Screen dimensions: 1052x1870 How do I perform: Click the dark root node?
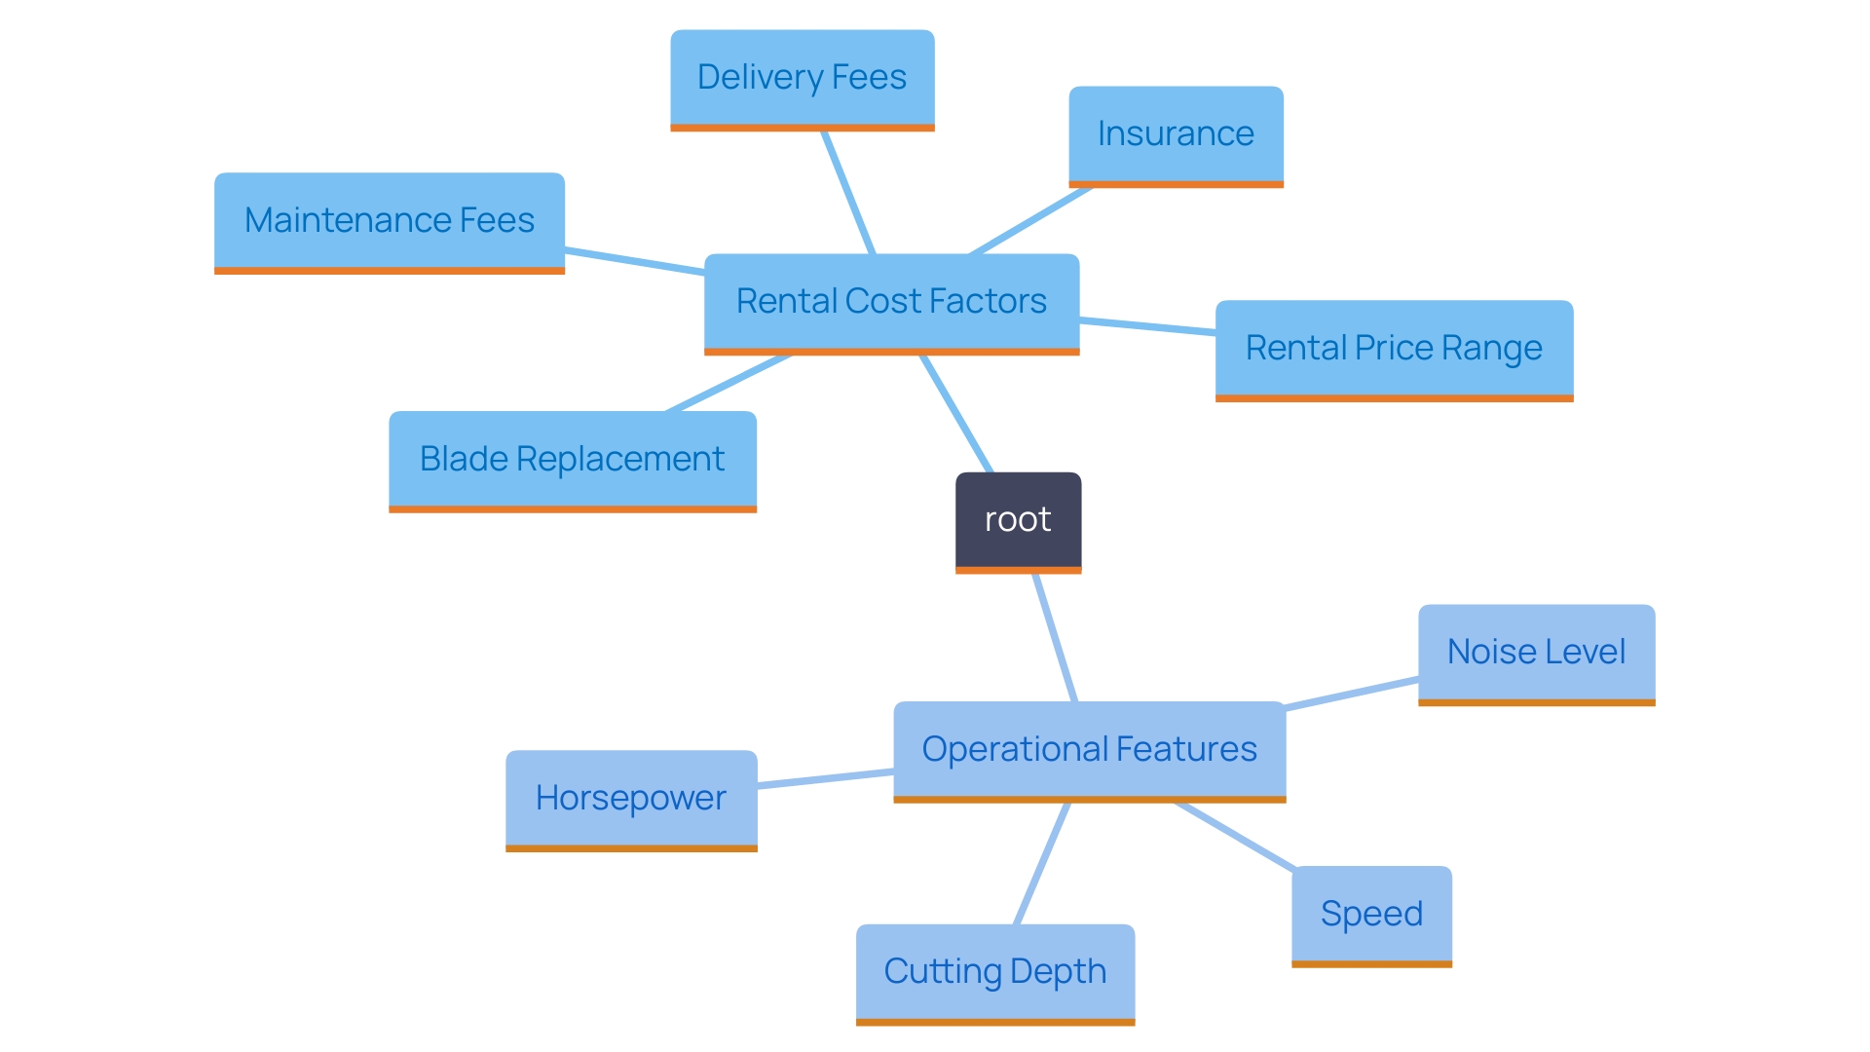pyautogui.click(x=1018, y=521)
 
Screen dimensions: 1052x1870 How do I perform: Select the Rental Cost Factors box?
pyautogui.click(x=891, y=302)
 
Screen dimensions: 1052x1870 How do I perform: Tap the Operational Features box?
pyautogui.click(x=1089, y=750)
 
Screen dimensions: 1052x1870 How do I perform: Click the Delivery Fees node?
pyautogui.click(x=802, y=78)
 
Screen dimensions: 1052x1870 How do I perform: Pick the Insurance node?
pyautogui.click(x=1176, y=134)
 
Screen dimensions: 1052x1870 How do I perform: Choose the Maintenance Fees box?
pyautogui.click(x=389, y=221)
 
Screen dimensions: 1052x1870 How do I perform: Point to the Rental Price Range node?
pyautogui.click(x=1394, y=349)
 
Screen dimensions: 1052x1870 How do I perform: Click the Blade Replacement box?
pyautogui.click(x=572, y=460)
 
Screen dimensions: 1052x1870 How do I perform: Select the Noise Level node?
pyautogui.click(x=1536, y=653)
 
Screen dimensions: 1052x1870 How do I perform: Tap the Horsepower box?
pyautogui.click(x=631, y=799)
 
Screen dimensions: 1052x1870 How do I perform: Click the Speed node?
pyautogui.click(x=1371, y=915)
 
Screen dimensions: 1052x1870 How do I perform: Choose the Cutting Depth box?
pyautogui.click(x=994, y=972)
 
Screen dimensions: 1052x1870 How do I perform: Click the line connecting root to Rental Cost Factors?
pyautogui.click(x=956, y=414)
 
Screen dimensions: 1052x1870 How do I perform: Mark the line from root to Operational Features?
pyautogui.click(x=1055, y=638)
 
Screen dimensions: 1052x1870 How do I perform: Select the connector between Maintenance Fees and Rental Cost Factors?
pyautogui.click(x=634, y=261)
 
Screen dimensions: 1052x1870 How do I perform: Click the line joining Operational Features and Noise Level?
pyautogui.click(x=1352, y=694)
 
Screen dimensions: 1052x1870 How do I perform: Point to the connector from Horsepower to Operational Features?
pyautogui.click(x=825, y=778)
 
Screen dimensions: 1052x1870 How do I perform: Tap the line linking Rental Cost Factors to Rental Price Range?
pyautogui.click(x=1147, y=326)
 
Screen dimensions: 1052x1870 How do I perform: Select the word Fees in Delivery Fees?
pyautogui.click(x=869, y=78)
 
